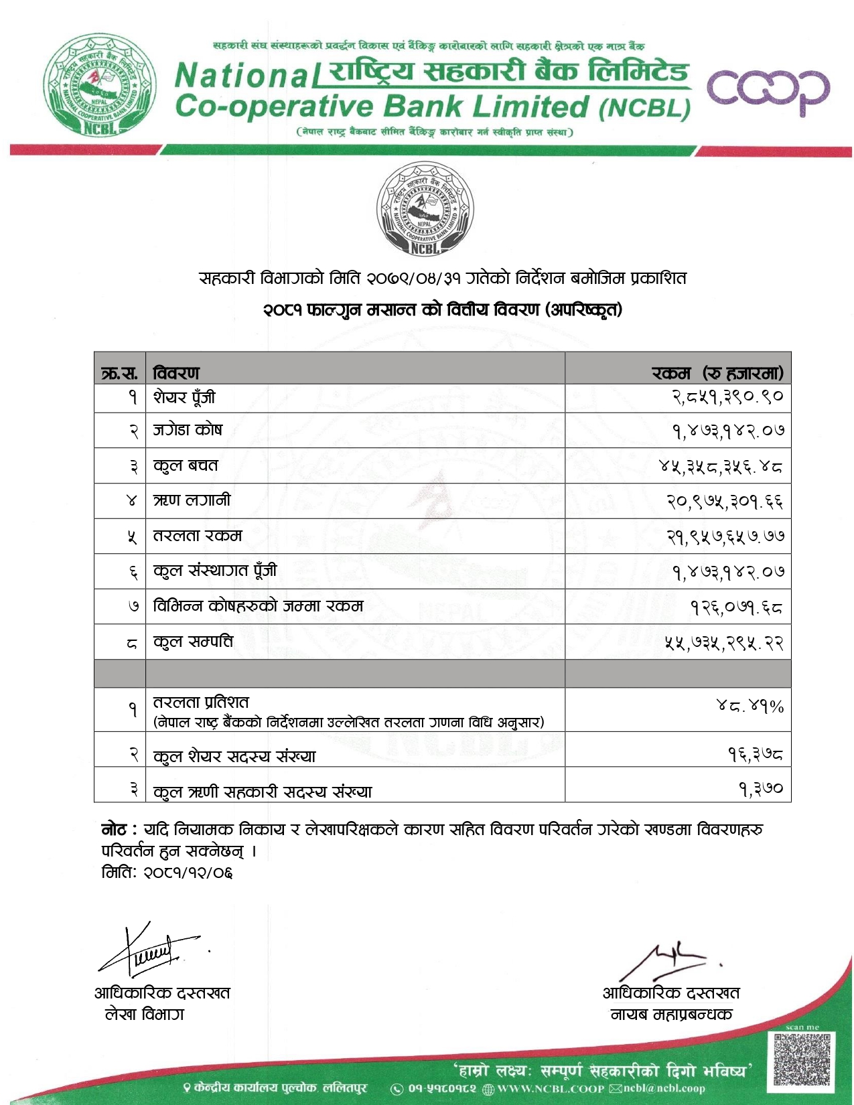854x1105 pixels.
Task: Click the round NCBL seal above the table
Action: pyautogui.click(x=425, y=210)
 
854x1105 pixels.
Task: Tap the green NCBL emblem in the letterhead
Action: pyautogui.click(x=100, y=84)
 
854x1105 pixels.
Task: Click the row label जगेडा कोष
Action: pyautogui.click(x=188, y=430)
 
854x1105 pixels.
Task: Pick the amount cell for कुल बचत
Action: pyautogui.click(x=721, y=465)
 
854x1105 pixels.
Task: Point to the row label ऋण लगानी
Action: pyautogui.click(x=192, y=500)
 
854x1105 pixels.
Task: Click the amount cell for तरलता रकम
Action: pyautogui.click(x=725, y=536)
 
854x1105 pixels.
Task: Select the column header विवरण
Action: pyautogui.click(x=176, y=372)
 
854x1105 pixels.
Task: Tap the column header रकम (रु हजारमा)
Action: pyautogui.click(x=717, y=372)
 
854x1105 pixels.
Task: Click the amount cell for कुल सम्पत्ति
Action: pyautogui.click(x=723, y=642)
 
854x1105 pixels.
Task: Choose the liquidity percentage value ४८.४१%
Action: pyautogui.click(x=750, y=706)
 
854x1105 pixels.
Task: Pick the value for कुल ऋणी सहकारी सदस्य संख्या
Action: pyautogui.click(x=761, y=789)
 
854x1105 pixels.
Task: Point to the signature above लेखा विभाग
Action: pyautogui.click(x=151, y=950)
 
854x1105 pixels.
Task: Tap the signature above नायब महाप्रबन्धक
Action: pyautogui.click(x=666, y=959)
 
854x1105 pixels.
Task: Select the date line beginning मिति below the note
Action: pyautogui.click(x=167, y=873)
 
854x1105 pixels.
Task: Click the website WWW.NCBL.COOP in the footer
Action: pyautogui.click(x=551, y=1089)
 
